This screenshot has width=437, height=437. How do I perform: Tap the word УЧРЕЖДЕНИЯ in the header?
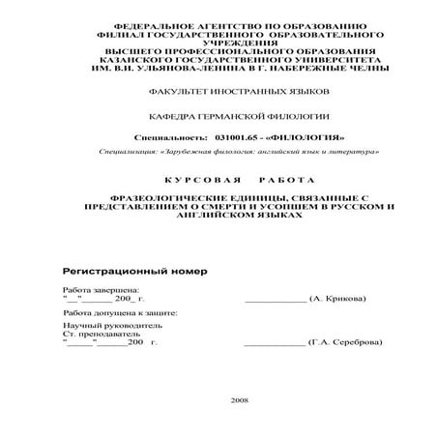click(x=218, y=44)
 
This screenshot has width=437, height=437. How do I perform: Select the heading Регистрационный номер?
click(x=134, y=270)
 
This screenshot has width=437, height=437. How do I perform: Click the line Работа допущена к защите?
click(x=120, y=314)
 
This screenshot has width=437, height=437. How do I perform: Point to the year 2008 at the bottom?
click(x=241, y=399)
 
